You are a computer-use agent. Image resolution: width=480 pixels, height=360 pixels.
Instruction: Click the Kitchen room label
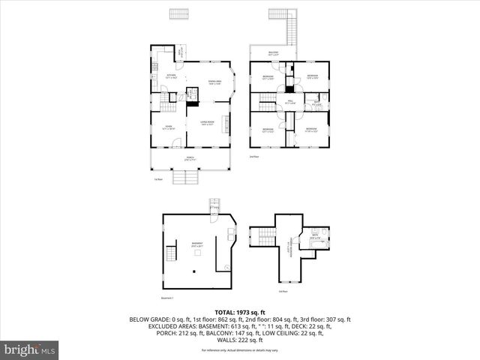[171, 76]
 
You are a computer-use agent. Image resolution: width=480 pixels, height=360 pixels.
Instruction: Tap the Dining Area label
[214, 82]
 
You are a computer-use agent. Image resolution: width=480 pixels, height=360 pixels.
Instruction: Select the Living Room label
[207, 122]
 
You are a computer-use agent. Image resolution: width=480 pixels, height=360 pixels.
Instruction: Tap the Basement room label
[196, 244]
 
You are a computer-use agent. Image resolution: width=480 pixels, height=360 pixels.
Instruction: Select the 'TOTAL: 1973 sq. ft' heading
[239, 311]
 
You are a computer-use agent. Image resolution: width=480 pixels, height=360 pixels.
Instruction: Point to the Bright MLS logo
[30, 349]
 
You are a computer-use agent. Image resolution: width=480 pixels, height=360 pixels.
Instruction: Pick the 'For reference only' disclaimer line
[239, 350]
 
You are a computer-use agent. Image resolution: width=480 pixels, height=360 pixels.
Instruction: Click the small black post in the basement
[196, 253]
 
